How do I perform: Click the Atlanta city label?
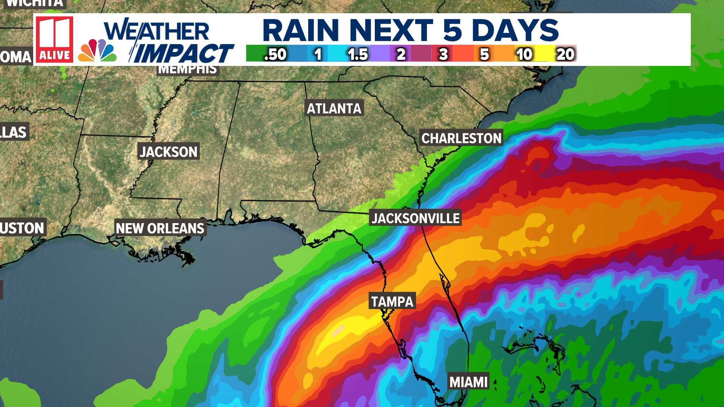(334, 109)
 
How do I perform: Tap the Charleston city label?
(461, 138)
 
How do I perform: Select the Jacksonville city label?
(416, 218)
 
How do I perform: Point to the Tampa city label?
(392, 301)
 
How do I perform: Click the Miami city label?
(468, 382)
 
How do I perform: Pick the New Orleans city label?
(160, 228)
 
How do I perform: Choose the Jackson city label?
(168, 151)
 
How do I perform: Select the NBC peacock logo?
(97, 51)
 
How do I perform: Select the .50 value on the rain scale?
(275, 55)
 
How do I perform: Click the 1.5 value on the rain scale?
(357, 55)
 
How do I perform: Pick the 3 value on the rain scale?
(443, 55)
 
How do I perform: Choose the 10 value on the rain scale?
(524, 55)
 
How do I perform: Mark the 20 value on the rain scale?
(565, 55)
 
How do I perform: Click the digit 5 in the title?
(452, 30)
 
